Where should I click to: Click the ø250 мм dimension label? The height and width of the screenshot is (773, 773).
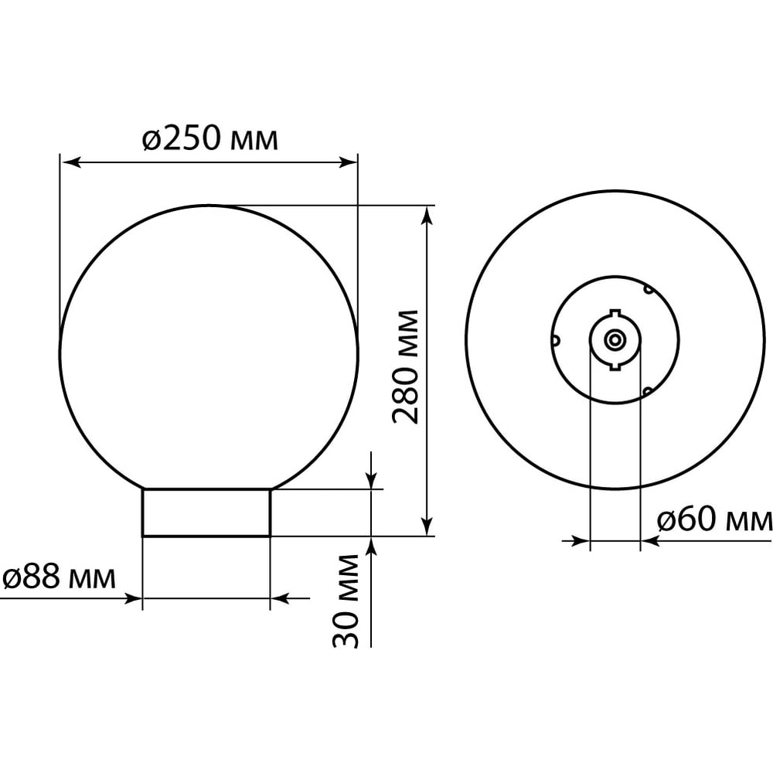point(210,138)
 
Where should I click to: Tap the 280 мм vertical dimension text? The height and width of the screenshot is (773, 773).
point(405,366)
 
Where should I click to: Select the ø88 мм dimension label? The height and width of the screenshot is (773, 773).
point(59,577)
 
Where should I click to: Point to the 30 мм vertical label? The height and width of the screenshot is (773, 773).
point(346,601)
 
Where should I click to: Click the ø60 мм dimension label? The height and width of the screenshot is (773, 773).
point(715,520)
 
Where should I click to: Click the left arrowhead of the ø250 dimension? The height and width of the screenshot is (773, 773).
point(70,162)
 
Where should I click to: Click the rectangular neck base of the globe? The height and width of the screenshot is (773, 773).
point(206,512)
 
